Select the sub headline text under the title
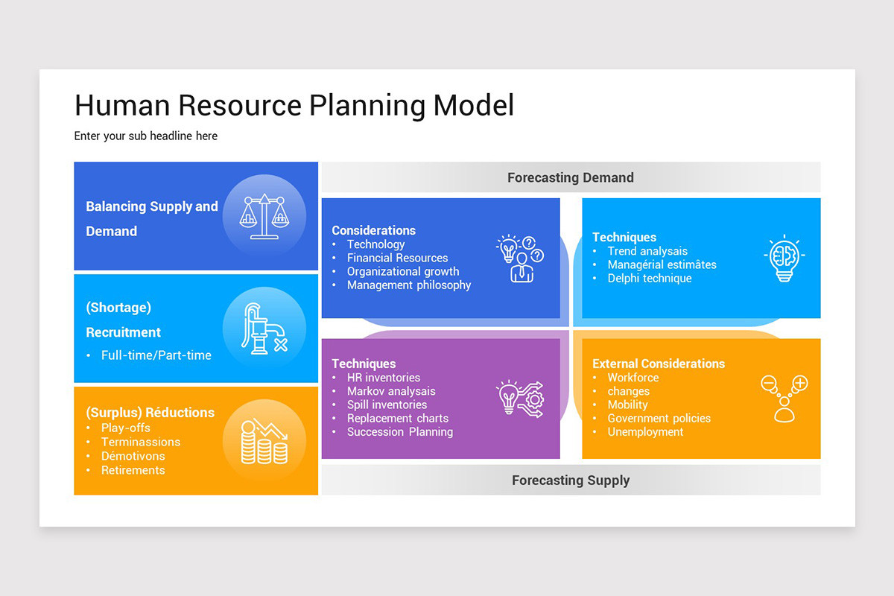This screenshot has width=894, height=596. click(146, 136)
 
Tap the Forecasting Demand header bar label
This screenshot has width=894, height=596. click(570, 177)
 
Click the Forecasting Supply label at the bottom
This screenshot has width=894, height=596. click(570, 481)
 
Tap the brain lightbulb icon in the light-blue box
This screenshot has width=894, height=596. click(784, 259)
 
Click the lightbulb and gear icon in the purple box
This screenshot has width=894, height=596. click(520, 399)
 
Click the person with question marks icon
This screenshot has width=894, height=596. click(520, 259)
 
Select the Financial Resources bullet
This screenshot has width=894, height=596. click(397, 258)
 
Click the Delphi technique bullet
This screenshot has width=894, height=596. click(649, 279)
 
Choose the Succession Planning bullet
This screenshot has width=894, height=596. click(399, 432)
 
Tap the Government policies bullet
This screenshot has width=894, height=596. click(659, 419)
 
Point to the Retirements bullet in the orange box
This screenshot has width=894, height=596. click(133, 470)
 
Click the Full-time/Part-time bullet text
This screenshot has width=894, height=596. click(156, 355)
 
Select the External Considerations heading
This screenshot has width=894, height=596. click(658, 364)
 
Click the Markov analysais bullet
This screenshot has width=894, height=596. click(390, 391)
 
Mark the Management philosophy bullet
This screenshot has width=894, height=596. click(408, 285)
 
